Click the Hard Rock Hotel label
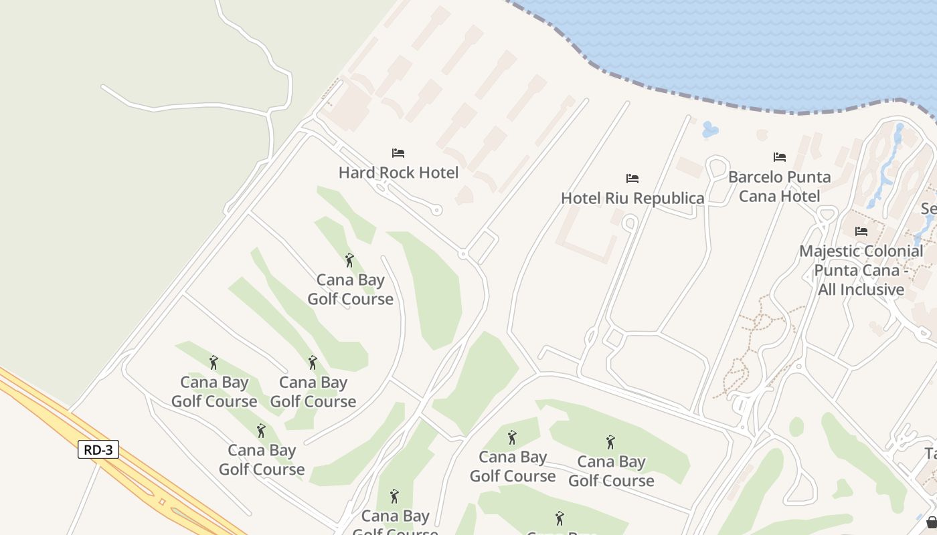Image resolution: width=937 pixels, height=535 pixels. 398,173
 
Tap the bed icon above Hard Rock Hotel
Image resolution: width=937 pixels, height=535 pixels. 398,152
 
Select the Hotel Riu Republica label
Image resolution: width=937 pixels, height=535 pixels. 632,198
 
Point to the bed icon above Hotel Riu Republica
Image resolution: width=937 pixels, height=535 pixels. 632,178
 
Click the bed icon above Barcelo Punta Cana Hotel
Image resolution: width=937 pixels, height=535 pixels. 779,157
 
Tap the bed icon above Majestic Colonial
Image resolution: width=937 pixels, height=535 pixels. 861,231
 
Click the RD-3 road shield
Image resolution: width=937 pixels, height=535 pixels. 98,449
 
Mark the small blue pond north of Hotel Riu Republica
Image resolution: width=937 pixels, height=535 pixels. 710,129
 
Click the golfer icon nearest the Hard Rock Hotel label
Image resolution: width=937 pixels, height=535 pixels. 349,260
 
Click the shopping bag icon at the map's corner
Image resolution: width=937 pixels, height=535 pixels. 931,522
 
